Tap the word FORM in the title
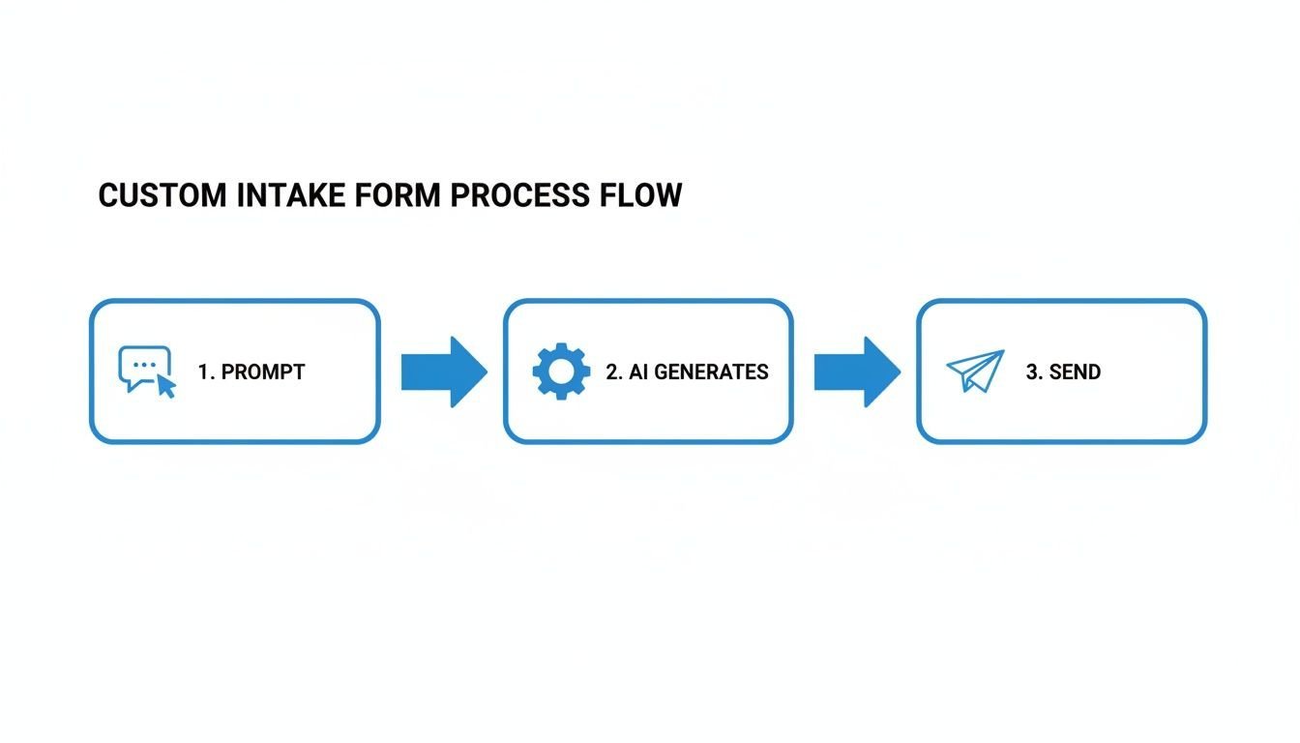click(399, 195)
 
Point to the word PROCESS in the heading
click(519, 195)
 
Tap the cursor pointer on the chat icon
click(166, 388)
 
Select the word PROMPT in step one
click(263, 372)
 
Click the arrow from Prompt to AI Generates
click(444, 371)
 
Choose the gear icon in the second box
click(561, 371)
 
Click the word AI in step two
click(637, 372)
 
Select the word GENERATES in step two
click(712, 372)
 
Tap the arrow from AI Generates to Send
click(857, 371)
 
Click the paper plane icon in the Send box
click(975, 371)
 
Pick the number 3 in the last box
click(1032, 372)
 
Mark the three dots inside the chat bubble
click(144, 365)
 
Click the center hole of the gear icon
click(561, 371)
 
